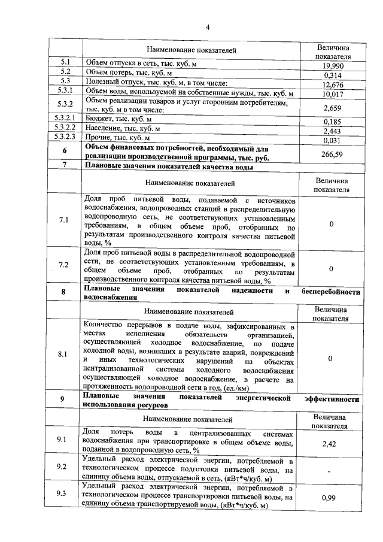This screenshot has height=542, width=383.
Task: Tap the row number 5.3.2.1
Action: click(x=65, y=119)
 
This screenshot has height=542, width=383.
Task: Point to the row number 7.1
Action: click(x=64, y=220)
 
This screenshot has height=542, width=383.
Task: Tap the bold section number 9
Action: click(x=64, y=400)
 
